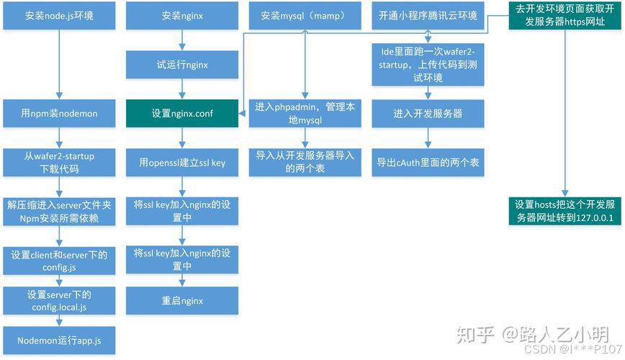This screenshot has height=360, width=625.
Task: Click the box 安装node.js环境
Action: [58, 15]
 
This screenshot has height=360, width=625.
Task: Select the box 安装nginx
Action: [182, 15]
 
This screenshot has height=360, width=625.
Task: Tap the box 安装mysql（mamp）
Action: [304, 15]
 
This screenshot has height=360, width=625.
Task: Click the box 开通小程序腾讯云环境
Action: [428, 15]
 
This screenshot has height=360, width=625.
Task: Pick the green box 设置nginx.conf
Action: [182, 114]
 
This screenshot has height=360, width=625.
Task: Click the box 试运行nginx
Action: [182, 64]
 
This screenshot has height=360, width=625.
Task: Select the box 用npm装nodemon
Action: [58, 114]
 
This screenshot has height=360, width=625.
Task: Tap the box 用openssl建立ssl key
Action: [182, 163]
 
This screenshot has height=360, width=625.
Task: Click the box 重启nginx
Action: [182, 300]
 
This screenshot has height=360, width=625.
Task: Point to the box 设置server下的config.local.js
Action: [58, 300]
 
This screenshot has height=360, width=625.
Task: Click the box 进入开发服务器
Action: [428, 114]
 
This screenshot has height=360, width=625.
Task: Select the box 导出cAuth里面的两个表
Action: [428, 163]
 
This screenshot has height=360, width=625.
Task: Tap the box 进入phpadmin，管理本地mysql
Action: [304, 114]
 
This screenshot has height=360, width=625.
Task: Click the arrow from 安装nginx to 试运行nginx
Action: [182, 40]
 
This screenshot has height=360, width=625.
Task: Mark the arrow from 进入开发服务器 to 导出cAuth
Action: [428, 138]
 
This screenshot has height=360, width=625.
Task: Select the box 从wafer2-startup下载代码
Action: [58, 163]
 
